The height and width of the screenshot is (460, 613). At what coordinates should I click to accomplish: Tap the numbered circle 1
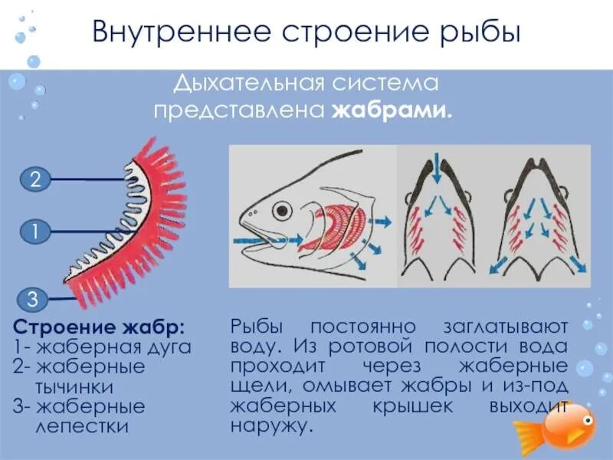pos(35,229)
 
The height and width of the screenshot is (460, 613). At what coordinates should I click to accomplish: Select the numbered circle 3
pos(35,299)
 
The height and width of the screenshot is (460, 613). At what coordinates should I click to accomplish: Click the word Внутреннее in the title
pos(180,34)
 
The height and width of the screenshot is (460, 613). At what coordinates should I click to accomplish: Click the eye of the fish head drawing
pos(284,209)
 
